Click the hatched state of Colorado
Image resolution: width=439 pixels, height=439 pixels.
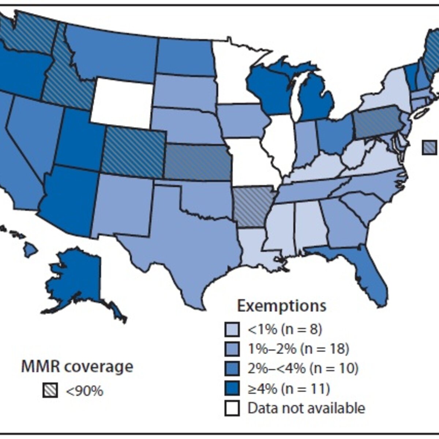click(x=133, y=151)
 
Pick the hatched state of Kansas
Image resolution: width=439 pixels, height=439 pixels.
click(x=197, y=162)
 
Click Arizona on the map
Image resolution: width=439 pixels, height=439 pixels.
click(x=68, y=200)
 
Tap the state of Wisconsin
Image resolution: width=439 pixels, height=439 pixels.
click(x=267, y=89)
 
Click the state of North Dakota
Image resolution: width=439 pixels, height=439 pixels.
click(x=186, y=57)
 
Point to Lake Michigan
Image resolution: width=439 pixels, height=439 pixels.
click(x=297, y=96)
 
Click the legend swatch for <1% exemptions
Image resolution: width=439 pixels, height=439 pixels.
click(x=232, y=329)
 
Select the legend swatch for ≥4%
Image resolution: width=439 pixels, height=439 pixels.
click(x=232, y=389)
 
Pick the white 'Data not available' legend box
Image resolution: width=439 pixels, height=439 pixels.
click(x=232, y=408)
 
